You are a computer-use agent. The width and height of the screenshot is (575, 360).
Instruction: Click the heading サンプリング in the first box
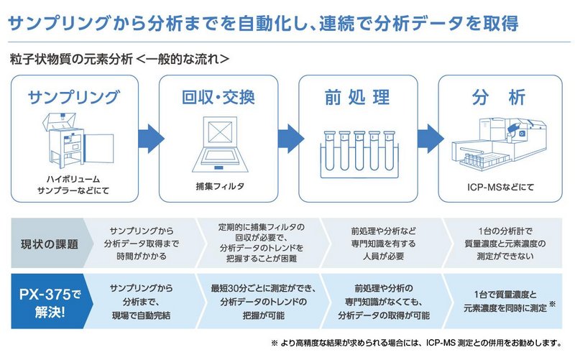click(x=74, y=97)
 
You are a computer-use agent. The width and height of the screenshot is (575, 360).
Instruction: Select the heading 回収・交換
click(x=218, y=97)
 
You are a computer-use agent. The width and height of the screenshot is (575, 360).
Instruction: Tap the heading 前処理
click(x=357, y=98)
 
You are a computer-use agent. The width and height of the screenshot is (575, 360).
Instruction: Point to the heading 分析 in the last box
click(x=499, y=98)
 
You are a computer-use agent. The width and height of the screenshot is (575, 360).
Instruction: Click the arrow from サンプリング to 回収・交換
click(x=151, y=139)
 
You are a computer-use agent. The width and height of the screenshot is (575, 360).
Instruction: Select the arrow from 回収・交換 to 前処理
click(x=290, y=139)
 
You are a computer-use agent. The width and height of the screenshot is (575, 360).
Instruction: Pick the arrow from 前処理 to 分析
click(x=430, y=139)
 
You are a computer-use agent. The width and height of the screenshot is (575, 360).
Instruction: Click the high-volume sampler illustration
click(x=78, y=140)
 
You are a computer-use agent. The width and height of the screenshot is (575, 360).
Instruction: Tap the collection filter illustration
click(x=220, y=144)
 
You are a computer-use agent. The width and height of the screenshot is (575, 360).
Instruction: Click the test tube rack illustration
click(x=359, y=154)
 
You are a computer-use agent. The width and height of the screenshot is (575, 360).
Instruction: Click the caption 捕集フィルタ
click(x=220, y=186)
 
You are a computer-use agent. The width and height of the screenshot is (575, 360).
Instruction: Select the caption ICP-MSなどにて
click(x=500, y=187)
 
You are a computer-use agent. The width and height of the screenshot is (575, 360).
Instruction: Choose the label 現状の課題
click(x=50, y=244)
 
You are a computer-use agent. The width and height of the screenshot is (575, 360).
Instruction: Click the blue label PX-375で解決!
click(x=50, y=303)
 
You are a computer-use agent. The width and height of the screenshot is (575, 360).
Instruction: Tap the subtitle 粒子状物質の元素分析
click(x=71, y=59)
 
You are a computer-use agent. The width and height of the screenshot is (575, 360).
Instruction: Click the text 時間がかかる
click(x=142, y=256)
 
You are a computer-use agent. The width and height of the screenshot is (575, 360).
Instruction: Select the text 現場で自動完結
click(x=141, y=315)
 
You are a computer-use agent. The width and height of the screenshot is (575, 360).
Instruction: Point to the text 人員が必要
click(x=383, y=256)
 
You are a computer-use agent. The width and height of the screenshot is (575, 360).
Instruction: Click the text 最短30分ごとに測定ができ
click(x=261, y=288)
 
